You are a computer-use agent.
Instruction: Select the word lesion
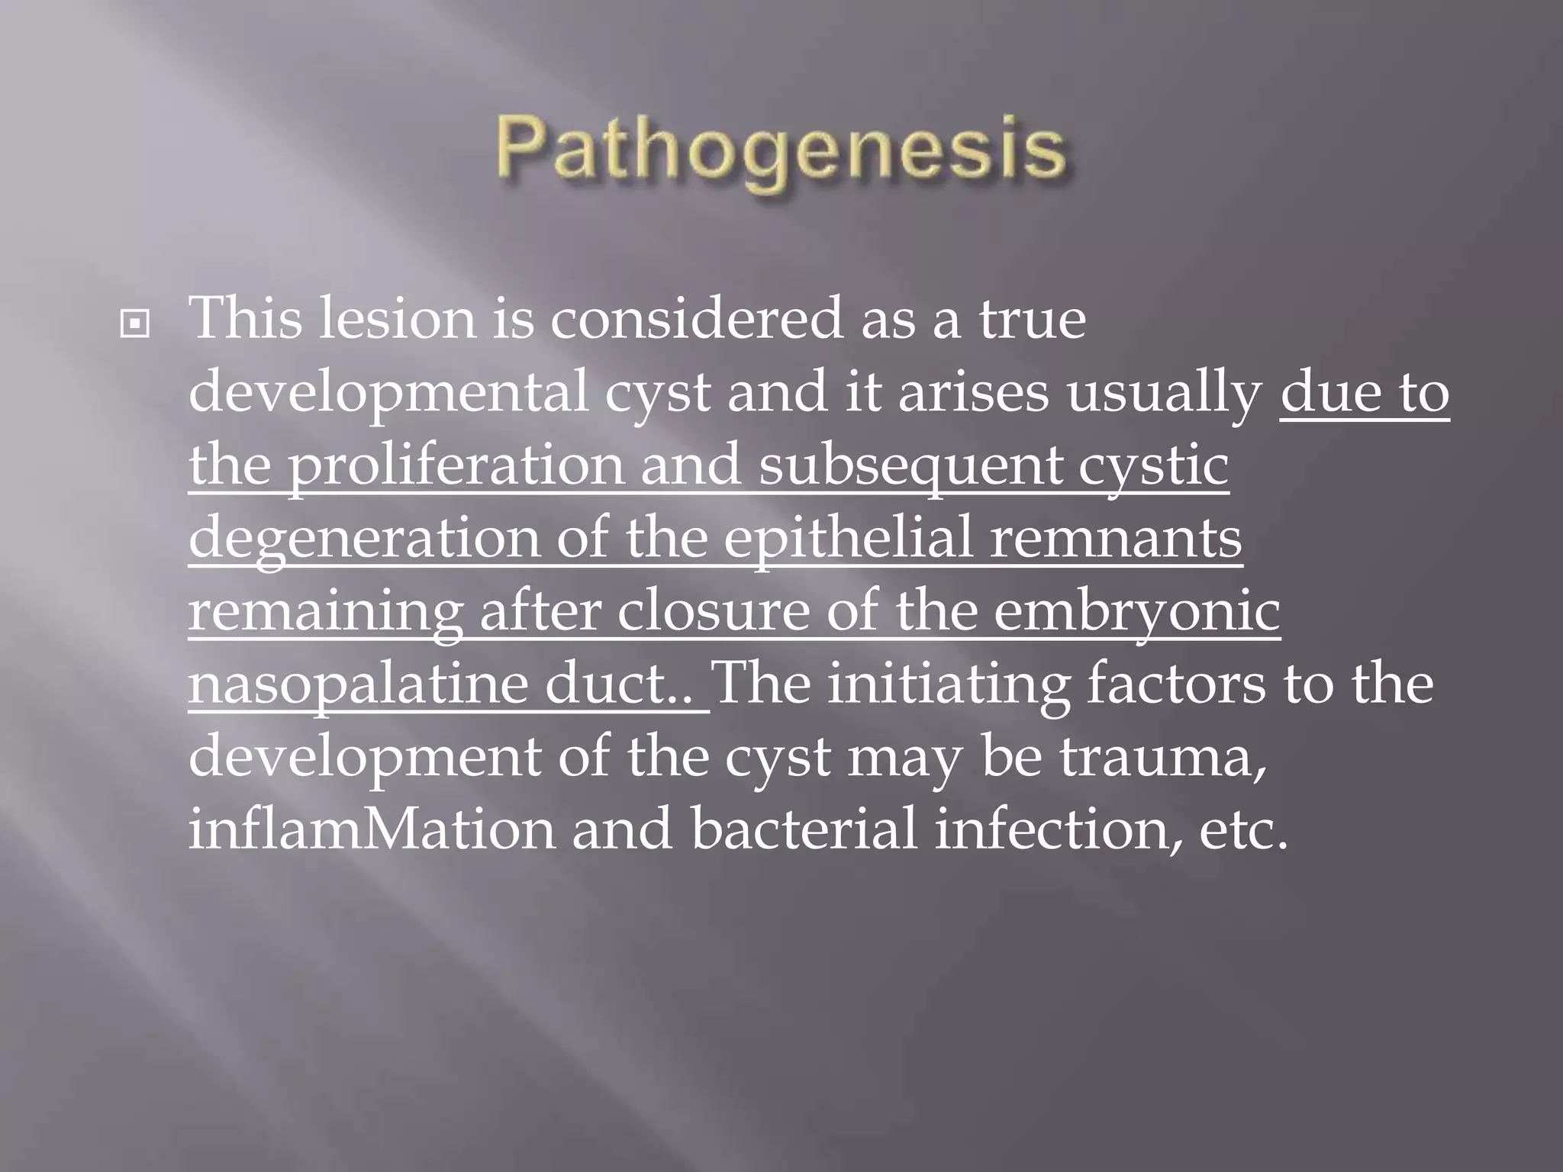click(x=397, y=318)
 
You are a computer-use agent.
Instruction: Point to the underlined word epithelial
click(x=847, y=539)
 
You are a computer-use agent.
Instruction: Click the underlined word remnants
click(x=1116, y=539)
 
